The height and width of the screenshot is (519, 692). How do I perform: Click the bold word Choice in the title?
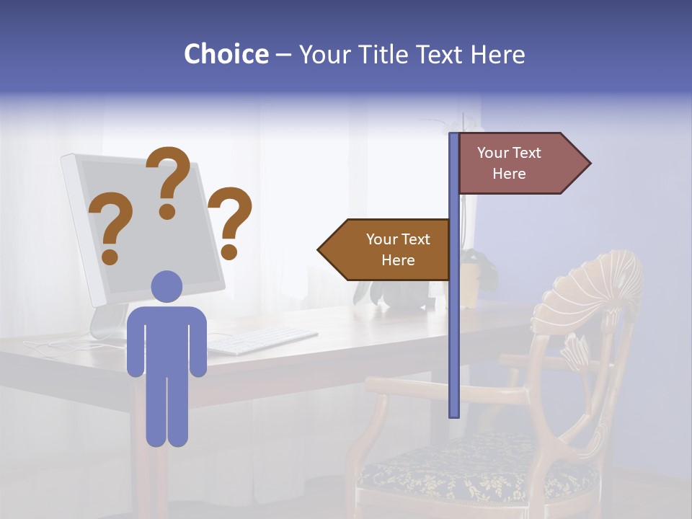pyautogui.click(x=226, y=54)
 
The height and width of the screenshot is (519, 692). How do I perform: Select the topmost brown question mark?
pyautogui.click(x=168, y=180)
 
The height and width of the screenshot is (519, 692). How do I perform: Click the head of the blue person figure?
pyautogui.click(x=167, y=286)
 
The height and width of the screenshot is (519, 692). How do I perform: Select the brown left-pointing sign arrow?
pyautogui.click(x=386, y=249)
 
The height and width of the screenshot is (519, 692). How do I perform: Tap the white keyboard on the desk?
pyautogui.click(x=263, y=340)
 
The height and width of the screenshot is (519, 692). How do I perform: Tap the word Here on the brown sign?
pyautogui.click(x=398, y=260)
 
